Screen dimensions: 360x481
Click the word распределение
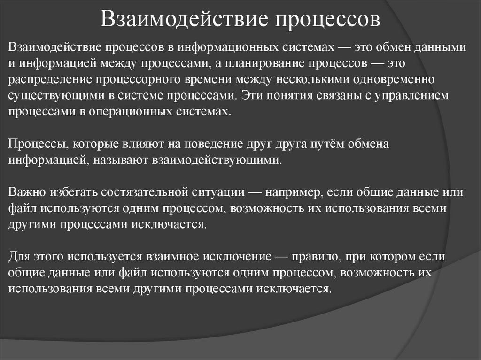pos(48,79)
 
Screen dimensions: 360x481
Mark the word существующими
pos(51,96)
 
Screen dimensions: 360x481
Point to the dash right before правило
pos(280,257)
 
